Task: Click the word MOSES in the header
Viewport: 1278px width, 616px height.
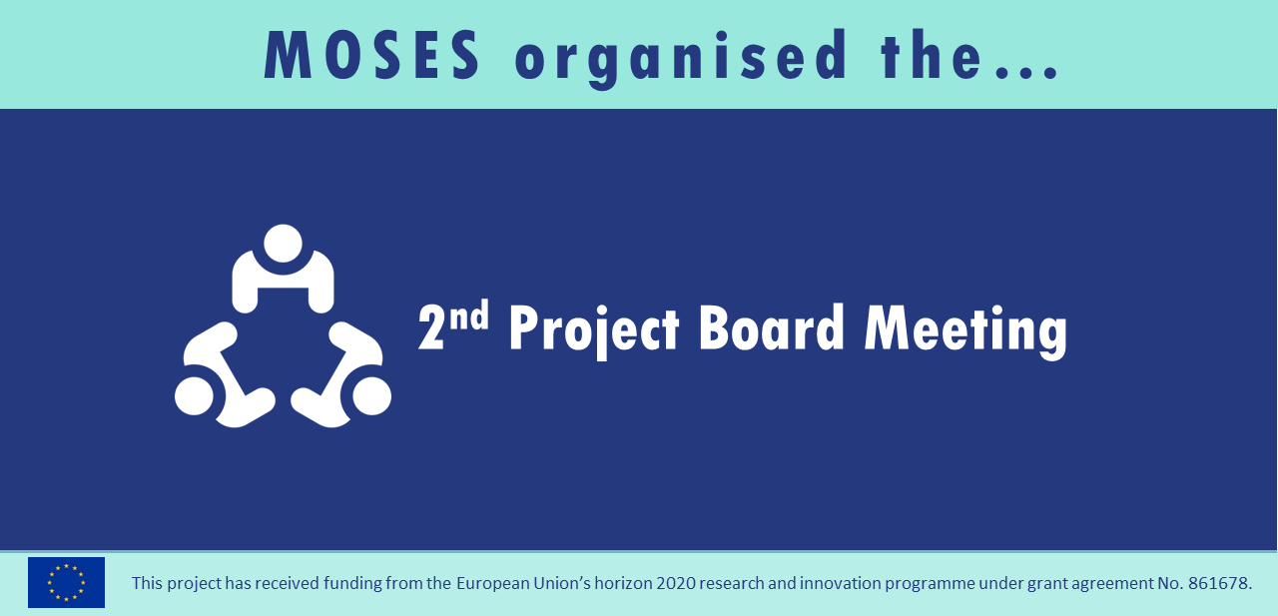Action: coord(372,55)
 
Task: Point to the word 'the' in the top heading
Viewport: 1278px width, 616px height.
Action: coord(931,55)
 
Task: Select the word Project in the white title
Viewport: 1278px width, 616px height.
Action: coord(594,330)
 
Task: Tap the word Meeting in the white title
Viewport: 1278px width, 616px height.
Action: coord(965,331)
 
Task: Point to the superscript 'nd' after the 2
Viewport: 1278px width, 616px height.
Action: coord(469,314)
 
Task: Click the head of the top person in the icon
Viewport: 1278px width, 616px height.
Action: coord(283,244)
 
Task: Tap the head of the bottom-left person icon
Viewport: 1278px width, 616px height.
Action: coord(194,395)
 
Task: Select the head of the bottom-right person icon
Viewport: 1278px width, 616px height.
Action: coord(372,395)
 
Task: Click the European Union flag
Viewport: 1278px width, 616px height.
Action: coord(66,582)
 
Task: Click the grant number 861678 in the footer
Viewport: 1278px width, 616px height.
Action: coord(1219,583)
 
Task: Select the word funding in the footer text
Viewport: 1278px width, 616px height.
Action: coord(350,584)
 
